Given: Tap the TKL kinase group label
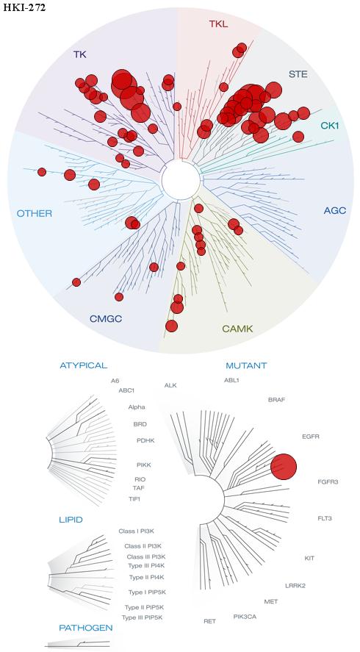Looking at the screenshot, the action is coord(218,24).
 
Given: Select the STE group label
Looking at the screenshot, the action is coord(298,74).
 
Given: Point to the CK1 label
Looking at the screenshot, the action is coord(330,125).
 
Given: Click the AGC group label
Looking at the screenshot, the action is coord(334,210).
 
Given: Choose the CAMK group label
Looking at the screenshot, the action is coord(237,329).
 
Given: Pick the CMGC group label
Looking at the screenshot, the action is coord(106,319).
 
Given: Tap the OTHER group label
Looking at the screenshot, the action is coord(35,214).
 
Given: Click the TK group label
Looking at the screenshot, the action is coord(80,54).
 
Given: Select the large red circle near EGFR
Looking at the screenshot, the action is coord(284,467).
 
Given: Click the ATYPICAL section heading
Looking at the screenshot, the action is coord(84,365).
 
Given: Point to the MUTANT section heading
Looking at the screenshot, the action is coord(246,366).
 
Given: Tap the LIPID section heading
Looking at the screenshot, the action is coord(71,520).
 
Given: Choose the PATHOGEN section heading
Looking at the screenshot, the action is coord(86,628).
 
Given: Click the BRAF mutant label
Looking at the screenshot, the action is coord(276,400).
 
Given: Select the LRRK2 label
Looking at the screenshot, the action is coord(295,586).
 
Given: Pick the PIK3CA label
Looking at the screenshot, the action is coord(245,616).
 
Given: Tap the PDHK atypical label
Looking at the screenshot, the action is coord(145,440).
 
